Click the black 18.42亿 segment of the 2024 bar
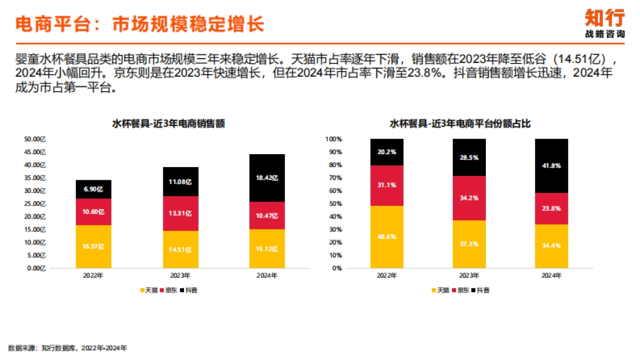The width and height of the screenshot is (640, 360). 267,178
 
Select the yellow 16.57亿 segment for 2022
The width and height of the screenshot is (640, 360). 94,246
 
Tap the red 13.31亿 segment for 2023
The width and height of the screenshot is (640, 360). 180,213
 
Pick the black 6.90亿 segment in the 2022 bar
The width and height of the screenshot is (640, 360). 94,189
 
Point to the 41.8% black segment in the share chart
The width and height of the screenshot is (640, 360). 551,166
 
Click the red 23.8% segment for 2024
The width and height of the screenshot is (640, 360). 551,209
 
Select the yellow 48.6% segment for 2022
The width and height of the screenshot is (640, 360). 387,237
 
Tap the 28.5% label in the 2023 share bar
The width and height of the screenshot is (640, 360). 469,158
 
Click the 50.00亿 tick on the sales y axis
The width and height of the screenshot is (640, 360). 36,139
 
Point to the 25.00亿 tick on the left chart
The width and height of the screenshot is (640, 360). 36,204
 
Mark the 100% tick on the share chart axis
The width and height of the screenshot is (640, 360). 333,139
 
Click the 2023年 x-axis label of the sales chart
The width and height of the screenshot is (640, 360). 180,276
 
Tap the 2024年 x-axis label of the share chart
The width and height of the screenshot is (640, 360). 551,276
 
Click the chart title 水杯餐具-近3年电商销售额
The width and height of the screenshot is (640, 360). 168,124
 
